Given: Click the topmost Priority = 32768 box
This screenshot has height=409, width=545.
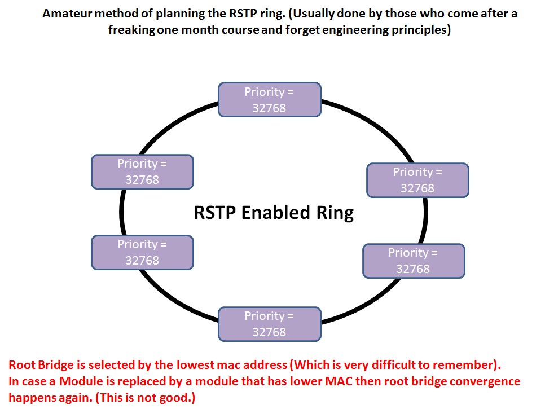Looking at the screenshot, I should pos(270,100).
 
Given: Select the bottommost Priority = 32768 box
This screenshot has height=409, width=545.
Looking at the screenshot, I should pos(270,324).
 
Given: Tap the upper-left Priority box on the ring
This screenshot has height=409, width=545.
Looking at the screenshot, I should pos(142,171).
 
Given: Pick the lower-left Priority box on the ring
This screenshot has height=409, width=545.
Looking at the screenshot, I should pos(142,252).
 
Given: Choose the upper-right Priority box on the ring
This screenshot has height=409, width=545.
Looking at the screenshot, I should pos(417,180).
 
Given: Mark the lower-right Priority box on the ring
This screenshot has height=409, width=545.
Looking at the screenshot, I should pos(413,261).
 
